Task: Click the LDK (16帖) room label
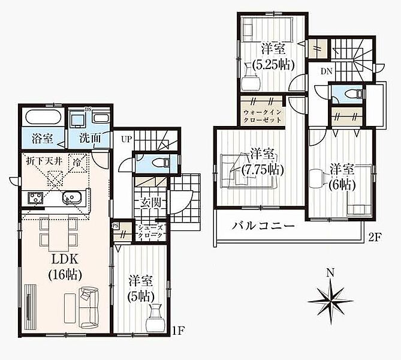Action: [x=65, y=267]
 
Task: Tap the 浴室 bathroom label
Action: [x=43, y=138]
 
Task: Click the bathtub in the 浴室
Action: [x=44, y=118]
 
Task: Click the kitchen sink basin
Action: [x=71, y=198]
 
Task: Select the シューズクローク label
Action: [x=150, y=231]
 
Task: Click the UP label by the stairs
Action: [x=126, y=140]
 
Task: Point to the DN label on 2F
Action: [x=327, y=71]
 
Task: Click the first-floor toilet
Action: [x=161, y=163]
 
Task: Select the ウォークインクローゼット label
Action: [x=263, y=116]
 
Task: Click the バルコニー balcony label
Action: [x=263, y=226]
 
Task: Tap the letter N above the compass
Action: [x=331, y=273]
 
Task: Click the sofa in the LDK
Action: [x=89, y=308]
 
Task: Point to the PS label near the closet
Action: [x=115, y=226]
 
